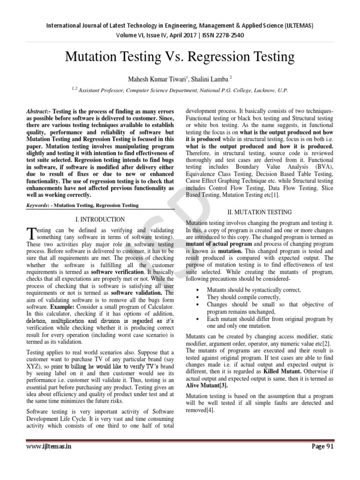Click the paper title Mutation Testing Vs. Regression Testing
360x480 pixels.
tap(180, 57)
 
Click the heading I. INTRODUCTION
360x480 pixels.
tap(100, 219)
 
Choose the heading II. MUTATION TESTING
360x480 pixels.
tap(260, 212)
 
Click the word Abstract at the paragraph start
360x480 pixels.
tap(37, 111)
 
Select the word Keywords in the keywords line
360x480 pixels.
tap(37, 205)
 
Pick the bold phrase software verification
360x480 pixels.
tap(118, 272)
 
